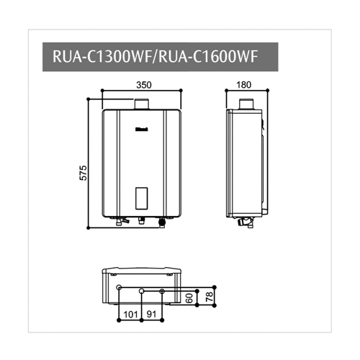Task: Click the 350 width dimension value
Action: pyautogui.click(x=143, y=85)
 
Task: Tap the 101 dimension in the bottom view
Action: pyautogui.click(x=130, y=314)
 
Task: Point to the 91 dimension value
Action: pyautogui.click(x=153, y=314)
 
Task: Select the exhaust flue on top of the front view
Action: pyautogui.click(x=142, y=106)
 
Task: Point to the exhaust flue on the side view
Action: pyautogui.click(x=246, y=107)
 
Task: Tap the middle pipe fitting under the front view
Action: pyautogui.click(x=142, y=221)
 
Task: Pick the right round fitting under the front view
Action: pyautogui.click(x=161, y=222)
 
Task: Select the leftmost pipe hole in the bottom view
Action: pyautogui.click(x=120, y=289)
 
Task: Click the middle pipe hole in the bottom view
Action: pyautogui.click(x=143, y=290)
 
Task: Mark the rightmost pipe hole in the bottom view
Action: pyautogui.click(x=163, y=290)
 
